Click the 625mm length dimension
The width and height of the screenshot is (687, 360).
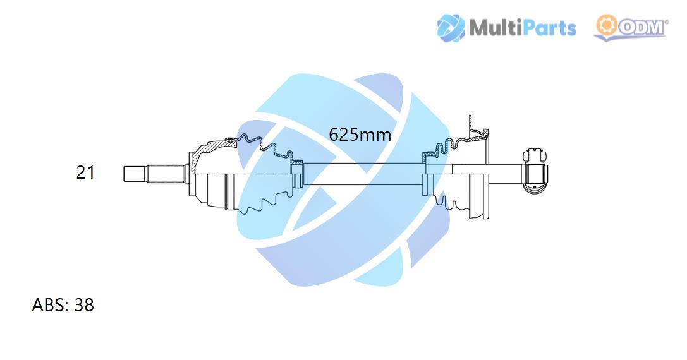tap(360, 134)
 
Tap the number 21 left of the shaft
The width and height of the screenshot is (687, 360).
tap(85, 172)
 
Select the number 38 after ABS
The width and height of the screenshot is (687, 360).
tap(84, 305)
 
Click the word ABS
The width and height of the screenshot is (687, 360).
tap(49, 305)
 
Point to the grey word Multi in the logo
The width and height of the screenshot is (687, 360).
tap(494, 28)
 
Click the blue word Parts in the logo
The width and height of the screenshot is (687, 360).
tap(547, 28)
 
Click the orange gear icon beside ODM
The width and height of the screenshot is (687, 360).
tap(606, 25)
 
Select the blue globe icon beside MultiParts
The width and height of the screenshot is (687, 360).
tap(451, 28)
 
